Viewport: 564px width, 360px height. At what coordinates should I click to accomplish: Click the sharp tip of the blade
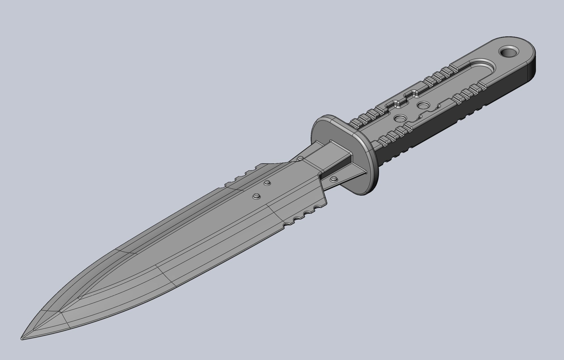(22, 339)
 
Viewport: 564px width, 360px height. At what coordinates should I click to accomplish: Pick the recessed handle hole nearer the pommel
(424, 105)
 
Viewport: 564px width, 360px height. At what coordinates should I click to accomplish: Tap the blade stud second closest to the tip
(266, 183)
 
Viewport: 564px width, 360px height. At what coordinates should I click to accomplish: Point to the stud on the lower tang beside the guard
(334, 179)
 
